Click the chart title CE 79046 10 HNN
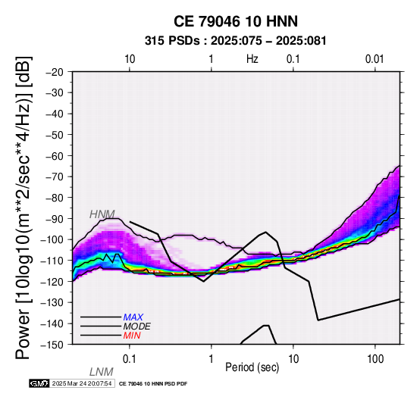coord(236,21)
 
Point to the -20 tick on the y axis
coord(55,72)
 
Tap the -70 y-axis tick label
coord(55,177)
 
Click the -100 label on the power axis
coord(52,239)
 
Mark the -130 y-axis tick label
coord(52,302)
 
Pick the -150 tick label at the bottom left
coord(52,345)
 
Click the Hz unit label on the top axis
coord(252,59)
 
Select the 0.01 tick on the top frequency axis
coord(375,59)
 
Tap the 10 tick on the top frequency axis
coord(130,59)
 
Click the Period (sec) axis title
coord(252,367)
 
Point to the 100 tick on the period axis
coord(375,359)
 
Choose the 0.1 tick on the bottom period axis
coord(130,359)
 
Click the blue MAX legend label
coord(133,317)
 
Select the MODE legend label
coord(137,326)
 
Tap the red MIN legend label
coord(132,336)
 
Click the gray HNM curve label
coord(102,214)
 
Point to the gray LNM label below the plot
coord(102,372)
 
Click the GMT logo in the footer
coord(39,383)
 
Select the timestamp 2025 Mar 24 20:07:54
coord(82,383)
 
